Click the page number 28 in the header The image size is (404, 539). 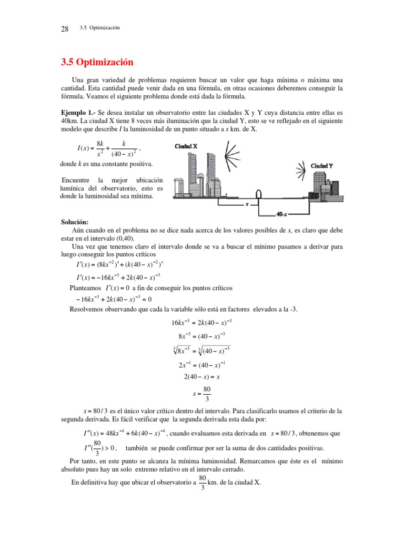(x=65, y=29)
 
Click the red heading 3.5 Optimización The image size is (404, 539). (x=98, y=63)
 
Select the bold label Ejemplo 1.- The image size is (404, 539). (x=78, y=113)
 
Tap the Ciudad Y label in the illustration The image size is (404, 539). (x=322, y=166)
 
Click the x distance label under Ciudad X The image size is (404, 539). (x=247, y=204)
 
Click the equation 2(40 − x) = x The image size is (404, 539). (x=202, y=377)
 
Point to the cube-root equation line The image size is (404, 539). (x=202, y=350)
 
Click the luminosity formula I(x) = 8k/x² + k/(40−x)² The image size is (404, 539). (x=109, y=148)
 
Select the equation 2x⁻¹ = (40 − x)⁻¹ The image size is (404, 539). (x=202, y=364)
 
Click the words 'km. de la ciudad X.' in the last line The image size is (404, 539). (x=235, y=483)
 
